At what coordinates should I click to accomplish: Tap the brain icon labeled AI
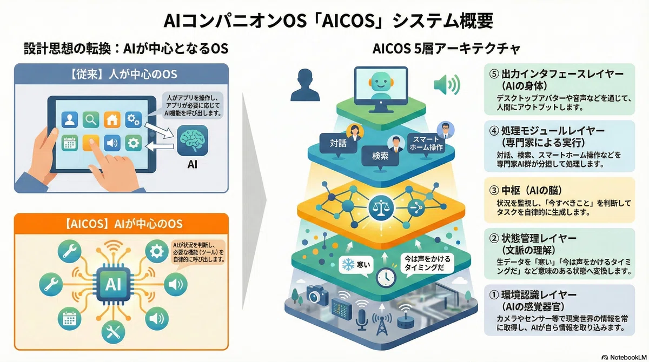(x=193, y=140)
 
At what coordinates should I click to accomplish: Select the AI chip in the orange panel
(x=113, y=284)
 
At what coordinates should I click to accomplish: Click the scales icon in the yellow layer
(x=381, y=207)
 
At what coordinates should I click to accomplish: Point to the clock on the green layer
(x=386, y=278)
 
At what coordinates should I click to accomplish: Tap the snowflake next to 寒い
(x=348, y=265)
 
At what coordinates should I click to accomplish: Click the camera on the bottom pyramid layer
(x=317, y=294)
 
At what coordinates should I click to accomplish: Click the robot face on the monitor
(x=381, y=82)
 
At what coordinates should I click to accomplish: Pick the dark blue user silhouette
(x=305, y=85)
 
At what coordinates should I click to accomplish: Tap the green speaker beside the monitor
(x=447, y=84)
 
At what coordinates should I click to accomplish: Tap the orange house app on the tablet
(x=112, y=119)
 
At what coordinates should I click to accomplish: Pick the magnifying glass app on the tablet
(x=91, y=119)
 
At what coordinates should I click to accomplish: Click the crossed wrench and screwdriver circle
(x=113, y=332)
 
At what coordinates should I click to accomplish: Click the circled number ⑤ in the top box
(x=494, y=74)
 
